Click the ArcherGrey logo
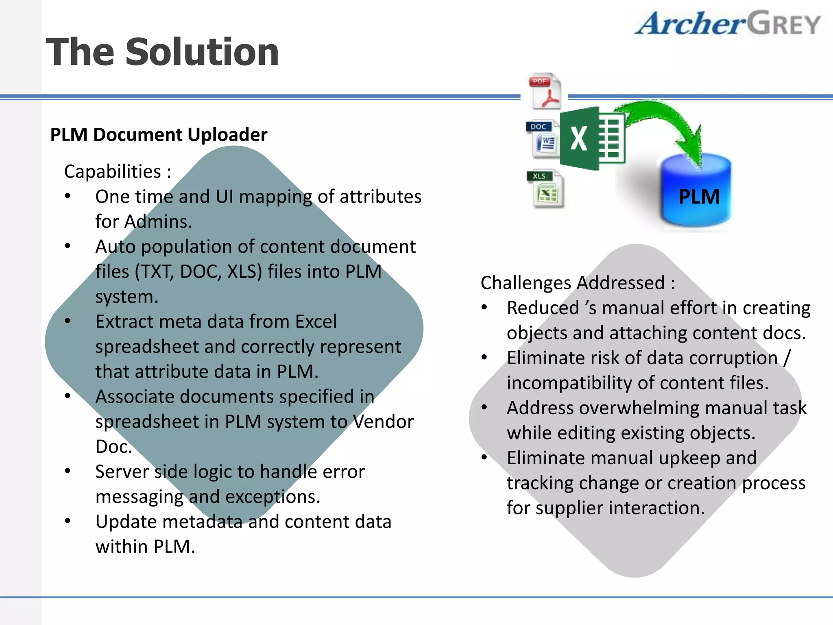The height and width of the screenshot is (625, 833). point(727,24)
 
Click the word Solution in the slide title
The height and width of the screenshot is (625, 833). point(202,52)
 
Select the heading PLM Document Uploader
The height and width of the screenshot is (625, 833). point(159,135)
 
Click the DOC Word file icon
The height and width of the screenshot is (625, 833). point(543,139)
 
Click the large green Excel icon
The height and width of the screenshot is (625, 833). point(592,138)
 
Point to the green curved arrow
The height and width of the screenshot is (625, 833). point(667,122)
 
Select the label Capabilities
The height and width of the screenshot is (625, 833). point(113,172)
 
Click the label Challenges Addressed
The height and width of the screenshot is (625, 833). point(573,283)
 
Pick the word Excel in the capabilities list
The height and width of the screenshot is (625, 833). point(316,322)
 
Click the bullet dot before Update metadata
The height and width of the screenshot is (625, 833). point(68,521)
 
